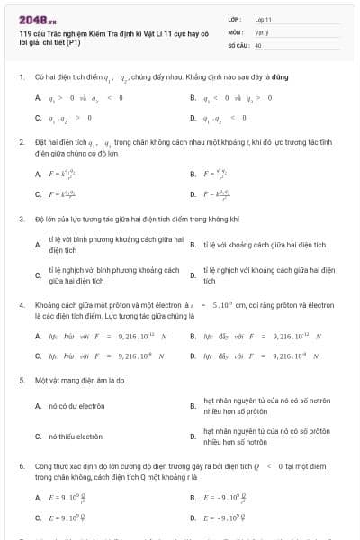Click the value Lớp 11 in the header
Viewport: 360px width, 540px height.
pos(264,18)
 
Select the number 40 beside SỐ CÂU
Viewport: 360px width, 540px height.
pos(258,43)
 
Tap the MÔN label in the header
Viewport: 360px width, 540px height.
pos(237,31)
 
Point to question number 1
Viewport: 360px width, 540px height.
pos(21,77)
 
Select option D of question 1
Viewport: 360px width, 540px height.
pos(227,118)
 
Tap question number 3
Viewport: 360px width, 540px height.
pos(21,219)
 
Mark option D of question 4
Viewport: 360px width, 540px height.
pos(261,355)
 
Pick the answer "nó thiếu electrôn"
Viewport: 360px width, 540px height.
pos(76,436)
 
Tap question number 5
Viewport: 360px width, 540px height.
pos(21,380)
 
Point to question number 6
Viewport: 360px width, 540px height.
pos(21,466)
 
